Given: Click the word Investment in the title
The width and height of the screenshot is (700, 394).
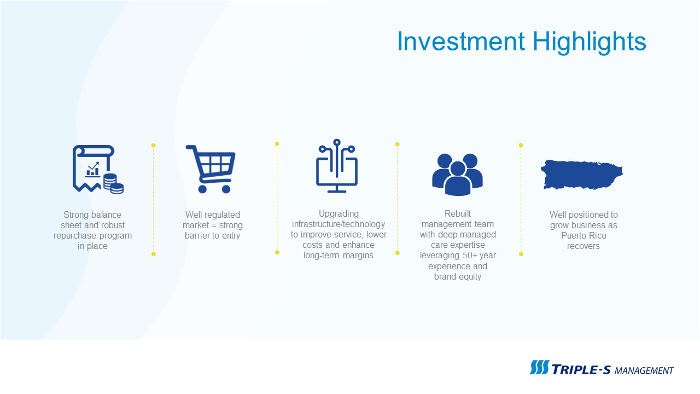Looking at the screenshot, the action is click(x=461, y=41).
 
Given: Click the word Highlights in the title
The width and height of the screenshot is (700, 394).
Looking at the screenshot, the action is click(x=590, y=43).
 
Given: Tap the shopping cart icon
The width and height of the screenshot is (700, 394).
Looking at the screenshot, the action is click(x=211, y=169).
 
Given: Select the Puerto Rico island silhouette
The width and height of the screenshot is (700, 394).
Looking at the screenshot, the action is click(x=582, y=175).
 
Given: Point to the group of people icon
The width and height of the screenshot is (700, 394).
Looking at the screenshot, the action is click(x=458, y=175).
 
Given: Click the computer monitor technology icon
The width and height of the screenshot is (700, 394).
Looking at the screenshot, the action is click(x=336, y=166).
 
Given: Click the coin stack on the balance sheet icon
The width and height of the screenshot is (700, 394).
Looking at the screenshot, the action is click(x=113, y=184).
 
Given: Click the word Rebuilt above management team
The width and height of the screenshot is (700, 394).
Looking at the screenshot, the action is click(x=458, y=213).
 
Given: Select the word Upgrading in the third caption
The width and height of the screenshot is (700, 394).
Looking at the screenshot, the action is click(x=339, y=214).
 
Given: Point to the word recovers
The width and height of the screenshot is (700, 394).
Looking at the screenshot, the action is click(x=583, y=246).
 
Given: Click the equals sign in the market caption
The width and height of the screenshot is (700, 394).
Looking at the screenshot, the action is click(x=214, y=225).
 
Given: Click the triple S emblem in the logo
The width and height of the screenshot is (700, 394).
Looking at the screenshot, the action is click(x=539, y=367).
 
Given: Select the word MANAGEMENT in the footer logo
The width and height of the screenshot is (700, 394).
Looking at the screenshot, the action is click(x=644, y=371).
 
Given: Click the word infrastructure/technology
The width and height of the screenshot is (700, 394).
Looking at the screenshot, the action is click(x=339, y=224).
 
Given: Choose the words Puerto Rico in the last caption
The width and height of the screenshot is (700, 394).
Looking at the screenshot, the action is click(x=584, y=235).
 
